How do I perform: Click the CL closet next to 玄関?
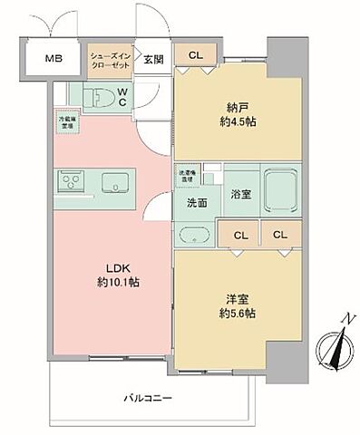(197, 55)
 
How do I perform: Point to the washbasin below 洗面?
(194, 236)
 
